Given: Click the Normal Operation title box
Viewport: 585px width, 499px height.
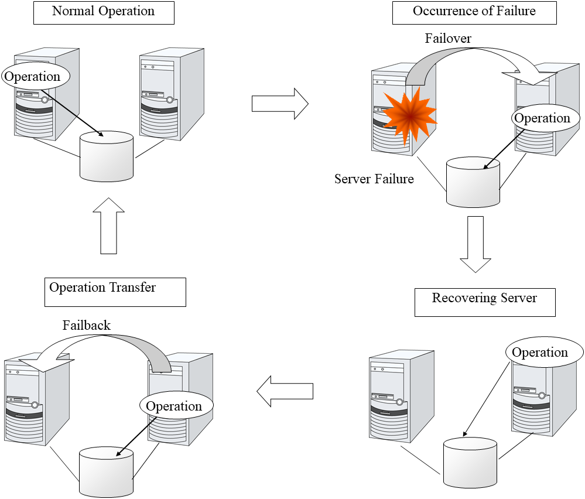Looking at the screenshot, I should tap(104, 12).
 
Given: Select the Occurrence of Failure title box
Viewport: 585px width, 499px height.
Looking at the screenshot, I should tap(474, 12).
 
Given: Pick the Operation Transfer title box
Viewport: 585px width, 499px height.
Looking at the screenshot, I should tap(115, 292).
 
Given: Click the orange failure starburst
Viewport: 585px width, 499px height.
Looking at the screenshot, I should tap(409, 115).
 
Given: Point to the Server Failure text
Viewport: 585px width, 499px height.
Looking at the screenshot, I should tap(374, 179).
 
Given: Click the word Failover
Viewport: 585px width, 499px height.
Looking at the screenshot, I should tap(448, 39).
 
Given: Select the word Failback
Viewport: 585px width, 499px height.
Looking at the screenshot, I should tap(87, 326).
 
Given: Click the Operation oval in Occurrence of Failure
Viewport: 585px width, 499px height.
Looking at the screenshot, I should tap(542, 118).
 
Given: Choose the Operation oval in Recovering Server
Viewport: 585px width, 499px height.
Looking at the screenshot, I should tap(540, 353).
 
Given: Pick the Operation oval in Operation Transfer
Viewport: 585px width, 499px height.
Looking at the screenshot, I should tap(174, 406).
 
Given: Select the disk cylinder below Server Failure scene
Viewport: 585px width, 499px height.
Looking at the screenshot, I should tap(473, 182).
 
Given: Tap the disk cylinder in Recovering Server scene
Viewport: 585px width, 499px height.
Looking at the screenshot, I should tap(470, 463).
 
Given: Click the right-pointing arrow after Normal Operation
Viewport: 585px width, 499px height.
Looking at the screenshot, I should tap(279, 103).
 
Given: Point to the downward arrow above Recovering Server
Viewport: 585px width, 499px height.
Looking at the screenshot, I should tap(475, 244).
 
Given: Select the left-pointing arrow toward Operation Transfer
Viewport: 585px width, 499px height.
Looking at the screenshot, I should tap(285, 391).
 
